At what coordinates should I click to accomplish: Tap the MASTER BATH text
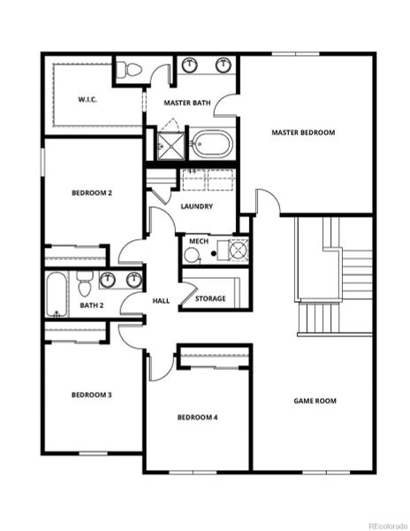pos(188,104)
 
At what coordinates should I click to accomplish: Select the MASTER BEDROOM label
pos(303,133)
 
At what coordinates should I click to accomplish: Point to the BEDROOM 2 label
pos(92,192)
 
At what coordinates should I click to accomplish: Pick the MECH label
pos(198,241)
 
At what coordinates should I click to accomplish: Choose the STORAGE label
pos(210,298)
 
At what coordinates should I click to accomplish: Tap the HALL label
pos(161,301)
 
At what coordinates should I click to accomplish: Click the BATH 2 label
pos(92,306)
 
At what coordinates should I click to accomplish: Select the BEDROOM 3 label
pos(91,395)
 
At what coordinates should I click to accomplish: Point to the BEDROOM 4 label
pos(197,417)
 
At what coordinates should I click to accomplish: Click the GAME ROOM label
pos(315,401)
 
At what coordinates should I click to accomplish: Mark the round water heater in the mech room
pos(193,255)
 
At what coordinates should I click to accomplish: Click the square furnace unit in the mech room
pos(238,250)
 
